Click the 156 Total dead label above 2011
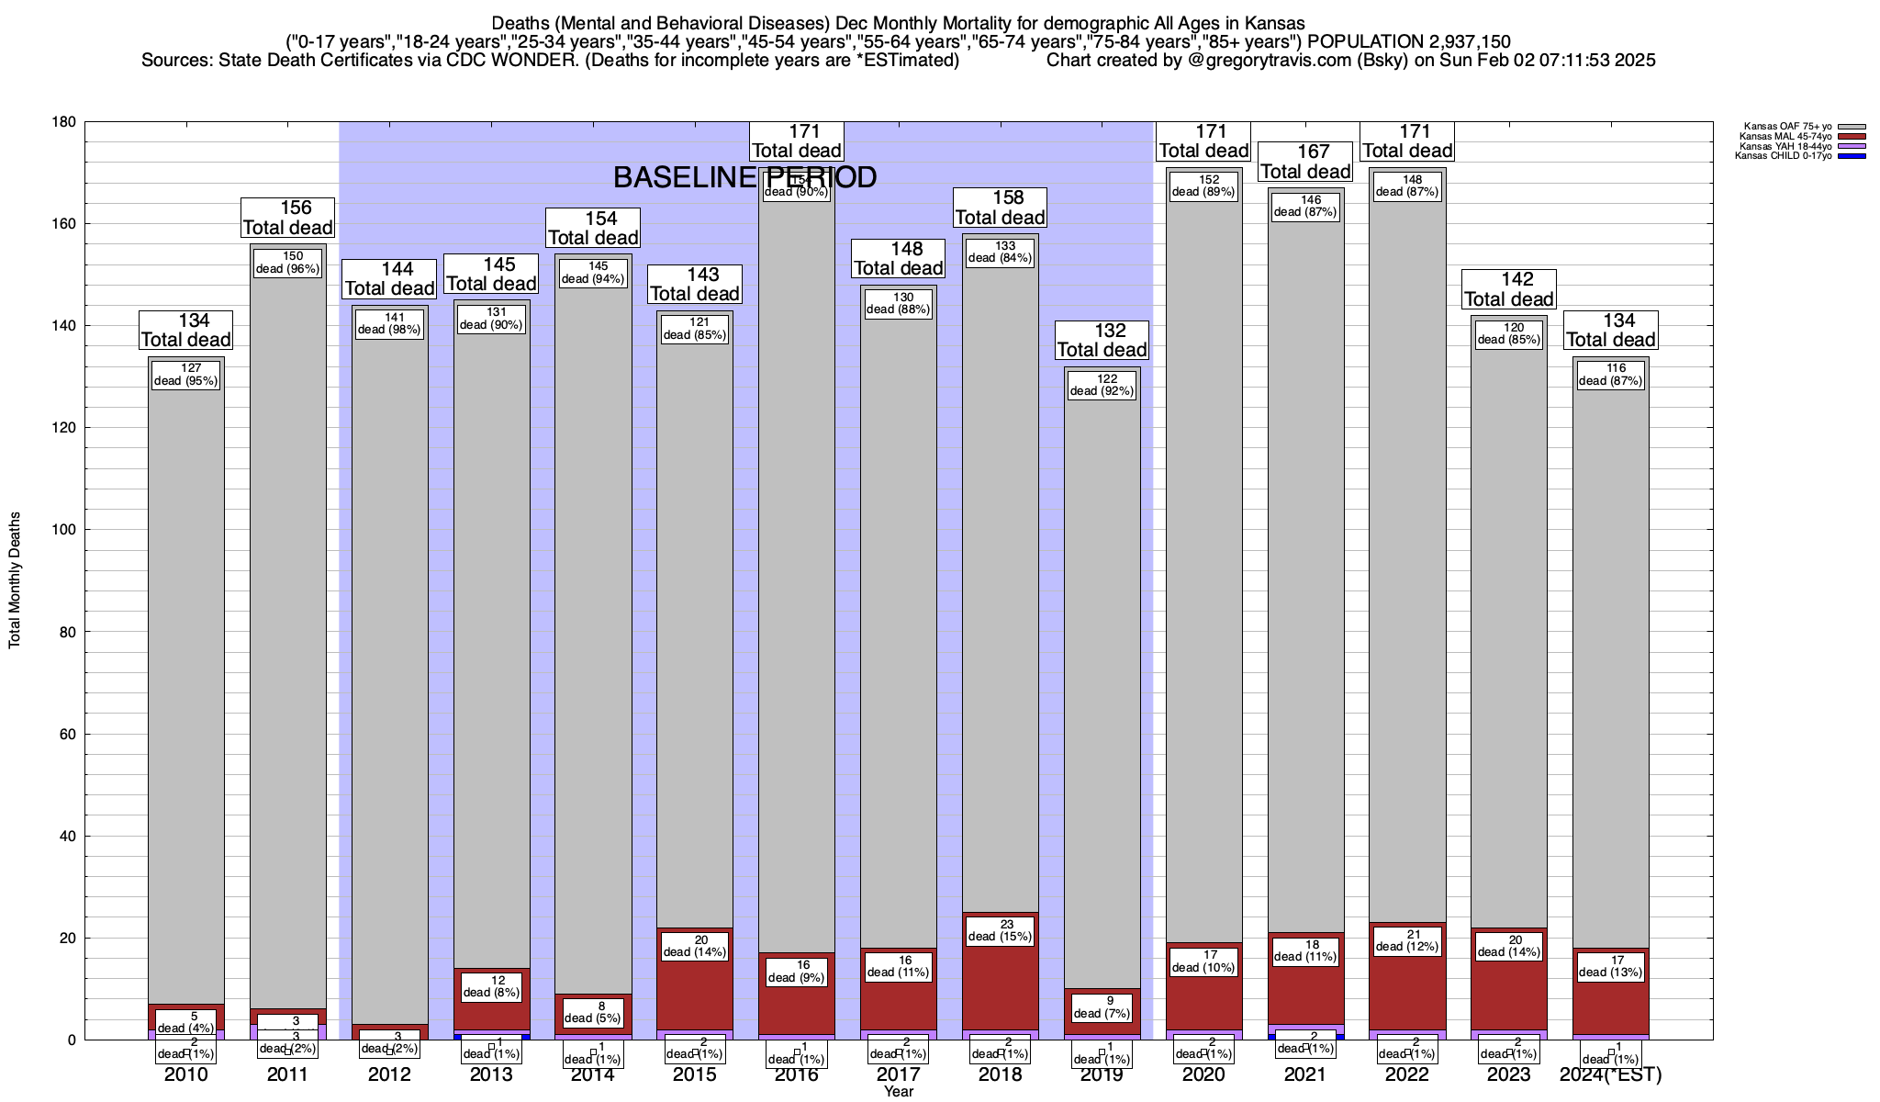pos(287,218)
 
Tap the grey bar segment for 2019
pos(1102,689)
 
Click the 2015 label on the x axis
pos(695,1074)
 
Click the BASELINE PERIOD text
pos(744,177)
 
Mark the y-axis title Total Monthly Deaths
pos(15,580)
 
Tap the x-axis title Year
pos(899,1091)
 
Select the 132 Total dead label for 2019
pos(1102,340)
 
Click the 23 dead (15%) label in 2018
pos(1001,930)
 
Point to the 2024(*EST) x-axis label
pos(1611,1074)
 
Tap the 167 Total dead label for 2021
pos(1305,162)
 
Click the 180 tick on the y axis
pos(63,122)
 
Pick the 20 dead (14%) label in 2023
pos(1509,946)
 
